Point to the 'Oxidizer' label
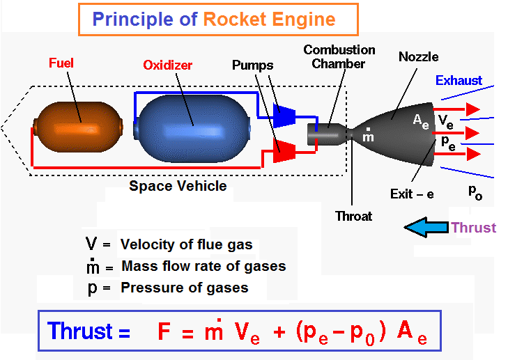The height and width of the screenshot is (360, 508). point(167,65)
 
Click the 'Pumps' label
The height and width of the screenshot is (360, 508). point(252,65)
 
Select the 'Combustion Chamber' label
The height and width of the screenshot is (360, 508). point(339,57)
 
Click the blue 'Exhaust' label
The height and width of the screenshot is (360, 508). point(459,80)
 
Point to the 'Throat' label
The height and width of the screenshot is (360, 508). point(353,216)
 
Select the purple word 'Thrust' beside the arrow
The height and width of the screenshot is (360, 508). point(473,228)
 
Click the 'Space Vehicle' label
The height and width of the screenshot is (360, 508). point(178,186)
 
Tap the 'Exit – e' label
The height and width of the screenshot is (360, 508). point(412,194)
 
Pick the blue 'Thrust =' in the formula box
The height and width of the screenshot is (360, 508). point(88,331)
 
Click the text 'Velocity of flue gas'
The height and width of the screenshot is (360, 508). point(187,244)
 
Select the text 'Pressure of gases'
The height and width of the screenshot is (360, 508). point(184,287)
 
